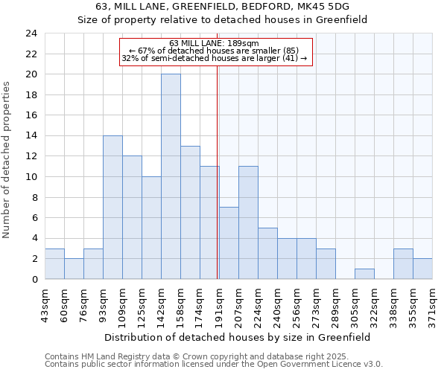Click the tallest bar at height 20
[x=171, y=176]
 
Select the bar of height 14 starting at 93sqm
[x=112, y=207]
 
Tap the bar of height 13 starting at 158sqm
[x=190, y=212]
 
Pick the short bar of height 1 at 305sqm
[x=364, y=274]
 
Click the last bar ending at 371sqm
[x=422, y=269]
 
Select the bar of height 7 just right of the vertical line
[x=229, y=243]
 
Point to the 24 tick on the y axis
[x=31, y=33]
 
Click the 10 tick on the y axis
[x=31, y=176]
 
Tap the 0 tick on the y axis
[x=34, y=279]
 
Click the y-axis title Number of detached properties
[x=7, y=160]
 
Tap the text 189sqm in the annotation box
[x=243, y=43]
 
